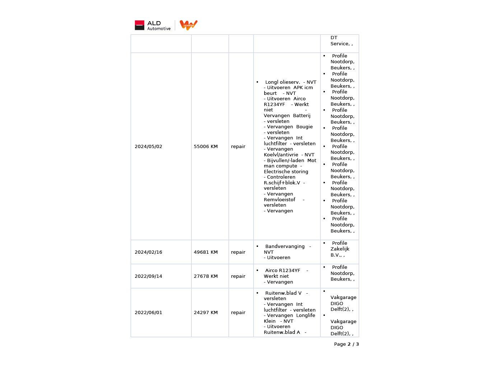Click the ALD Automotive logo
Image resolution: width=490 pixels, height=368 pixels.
point(153,26)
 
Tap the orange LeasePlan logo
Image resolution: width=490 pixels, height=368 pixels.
point(188,25)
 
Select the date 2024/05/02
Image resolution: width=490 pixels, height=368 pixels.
point(148,147)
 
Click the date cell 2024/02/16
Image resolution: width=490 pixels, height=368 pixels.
point(148,252)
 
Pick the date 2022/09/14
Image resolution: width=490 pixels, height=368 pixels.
point(148,276)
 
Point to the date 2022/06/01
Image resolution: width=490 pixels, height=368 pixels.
point(148,313)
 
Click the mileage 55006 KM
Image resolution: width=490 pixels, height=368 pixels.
point(206,147)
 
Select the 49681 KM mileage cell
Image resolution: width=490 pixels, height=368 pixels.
point(206,252)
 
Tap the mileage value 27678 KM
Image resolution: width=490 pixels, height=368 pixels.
point(206,276)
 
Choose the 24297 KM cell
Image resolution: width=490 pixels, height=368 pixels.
point(206,313)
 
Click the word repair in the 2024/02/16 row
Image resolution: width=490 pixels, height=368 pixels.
point(238,252)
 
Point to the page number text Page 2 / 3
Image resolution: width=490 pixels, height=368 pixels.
point(346,344)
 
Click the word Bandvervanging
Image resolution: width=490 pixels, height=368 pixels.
point(285,247)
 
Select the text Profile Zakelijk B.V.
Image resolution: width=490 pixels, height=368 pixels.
point(340,249)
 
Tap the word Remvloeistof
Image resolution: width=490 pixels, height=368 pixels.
point(279,200)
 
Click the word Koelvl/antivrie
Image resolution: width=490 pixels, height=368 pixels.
point(281,155)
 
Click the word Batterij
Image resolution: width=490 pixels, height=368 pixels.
point(302,116)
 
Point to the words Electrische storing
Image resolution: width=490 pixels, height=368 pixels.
point(286,172)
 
